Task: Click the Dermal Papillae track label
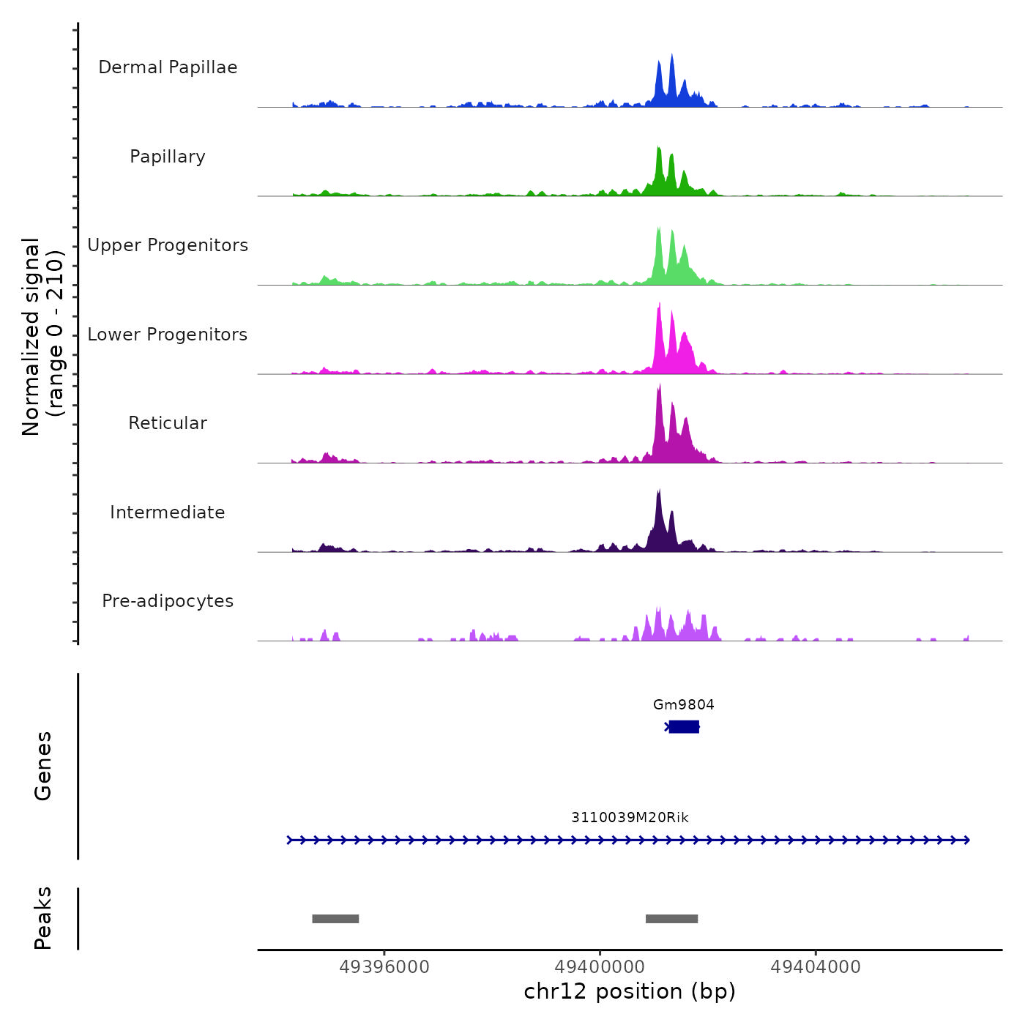click(168, 67)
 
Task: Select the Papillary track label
click(168, 157)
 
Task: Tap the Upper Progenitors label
click(168, 245)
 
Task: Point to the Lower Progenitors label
click(168, 335)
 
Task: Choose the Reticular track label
click(168, 423)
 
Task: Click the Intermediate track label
click(168, 512)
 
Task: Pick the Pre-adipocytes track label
click(168, 601)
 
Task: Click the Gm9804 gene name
click(683, 704)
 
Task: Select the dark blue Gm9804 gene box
click(684, 726)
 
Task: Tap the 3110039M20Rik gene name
click(630, 817)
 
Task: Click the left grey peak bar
click(335, 919)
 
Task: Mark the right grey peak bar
click(671, 919)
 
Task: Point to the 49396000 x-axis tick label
click(384, 967)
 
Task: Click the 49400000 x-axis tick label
click(600, 967)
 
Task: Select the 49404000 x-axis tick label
click(816, 967)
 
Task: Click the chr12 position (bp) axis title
click(630, 991)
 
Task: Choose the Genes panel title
click(42, 766)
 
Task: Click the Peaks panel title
click(42, 918)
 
